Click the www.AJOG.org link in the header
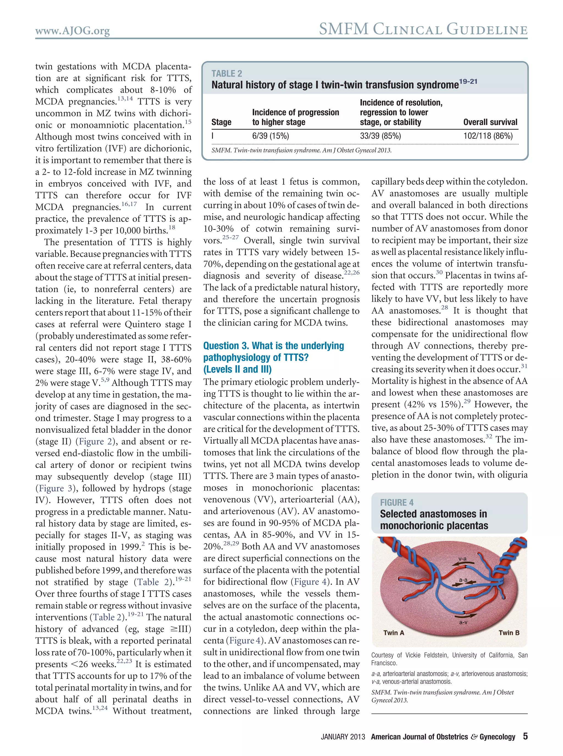coord(72,31)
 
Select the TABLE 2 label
coord(227,74)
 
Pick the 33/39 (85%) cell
coord(380,136)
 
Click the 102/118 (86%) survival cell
coord(488,136)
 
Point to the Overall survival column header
coord(490,122)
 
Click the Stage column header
coord(221,122)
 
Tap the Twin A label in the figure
coord(394,632)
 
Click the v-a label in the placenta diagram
coord(462,559)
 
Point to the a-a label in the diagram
coord(463,580)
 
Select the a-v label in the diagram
coord(463,622)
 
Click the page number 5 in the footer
coord(525,736)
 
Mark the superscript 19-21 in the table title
coord(468,81)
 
